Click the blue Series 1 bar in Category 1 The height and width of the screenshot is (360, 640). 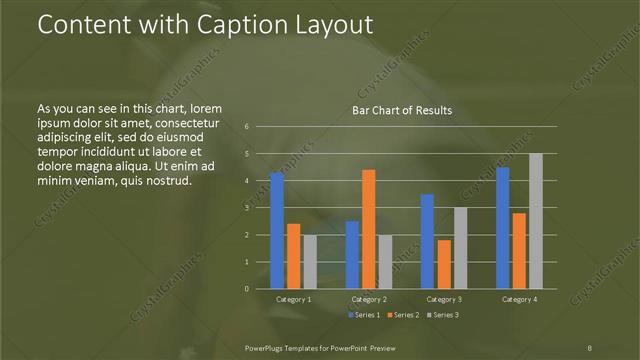click(277, 231)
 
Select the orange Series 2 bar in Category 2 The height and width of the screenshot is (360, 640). click(368, 229)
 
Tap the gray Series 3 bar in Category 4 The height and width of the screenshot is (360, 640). click(536, 221)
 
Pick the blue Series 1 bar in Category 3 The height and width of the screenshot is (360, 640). click(427, 241)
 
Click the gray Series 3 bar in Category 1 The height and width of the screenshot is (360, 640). click(310, 261)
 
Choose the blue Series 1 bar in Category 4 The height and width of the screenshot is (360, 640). click(502, 228)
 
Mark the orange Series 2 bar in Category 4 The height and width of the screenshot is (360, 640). click(519, 251)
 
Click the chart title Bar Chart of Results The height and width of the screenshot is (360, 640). click(402, 110)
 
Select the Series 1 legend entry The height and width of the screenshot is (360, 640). click(365, 315)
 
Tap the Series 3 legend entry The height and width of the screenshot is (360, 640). click(443, 315)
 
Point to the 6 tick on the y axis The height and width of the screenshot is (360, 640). click(246, 127)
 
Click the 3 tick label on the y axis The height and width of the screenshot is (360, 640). click(246, 208)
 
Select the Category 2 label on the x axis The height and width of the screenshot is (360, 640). click(369, 299)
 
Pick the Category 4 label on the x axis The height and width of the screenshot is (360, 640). click(519, 299)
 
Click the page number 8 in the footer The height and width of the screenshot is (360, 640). click(590, 346)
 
